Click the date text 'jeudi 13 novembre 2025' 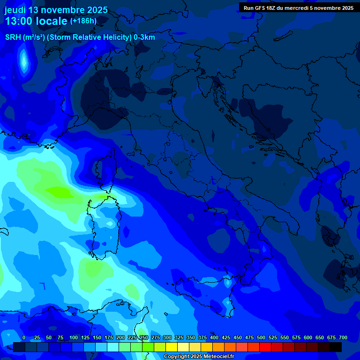pos(56,10)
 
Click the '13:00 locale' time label pos(36,21)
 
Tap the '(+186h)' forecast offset pos(83,21)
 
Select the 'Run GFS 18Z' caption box pos(299,7)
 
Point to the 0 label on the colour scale pos(24,337)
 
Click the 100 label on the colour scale pos(74,337)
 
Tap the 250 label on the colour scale pos(144,337)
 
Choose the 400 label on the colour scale pos(214,337)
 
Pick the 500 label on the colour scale pos(261,337)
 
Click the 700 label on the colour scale pos(343,337)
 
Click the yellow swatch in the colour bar pos(172,347)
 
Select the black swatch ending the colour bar pos(336,347)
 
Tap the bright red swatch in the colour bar pos(265,347)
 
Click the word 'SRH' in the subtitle pos(13,37)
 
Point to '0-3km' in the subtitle pos(144,37)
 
